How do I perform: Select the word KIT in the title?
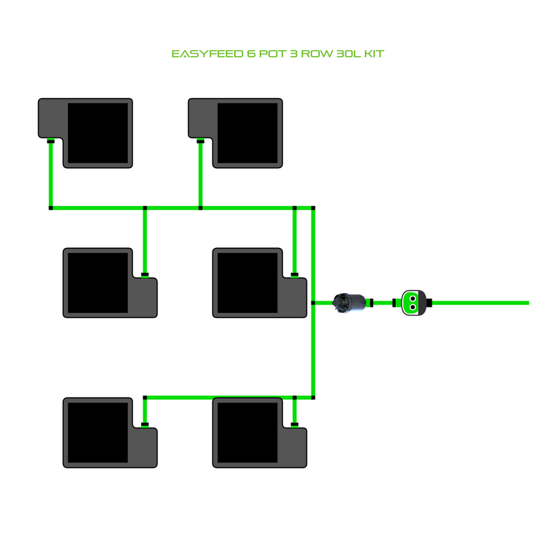click(374, 53)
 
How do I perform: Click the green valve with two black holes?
click(412, 303)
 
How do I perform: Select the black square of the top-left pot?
click(98, 133)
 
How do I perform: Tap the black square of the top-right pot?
click(248, 133)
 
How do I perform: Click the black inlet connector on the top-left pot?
click(51, 141)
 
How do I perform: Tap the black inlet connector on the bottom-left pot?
click(145, 425)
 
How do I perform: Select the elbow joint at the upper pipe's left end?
click(51, 208)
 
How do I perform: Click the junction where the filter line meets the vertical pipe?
click(313, 303)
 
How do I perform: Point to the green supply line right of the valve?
click(480, 303)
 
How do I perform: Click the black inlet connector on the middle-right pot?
click(295, 275)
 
